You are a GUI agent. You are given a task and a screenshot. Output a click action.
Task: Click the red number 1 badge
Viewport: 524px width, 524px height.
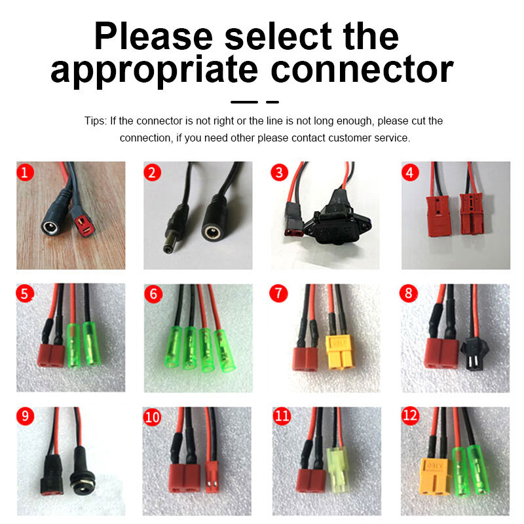click(26, 173)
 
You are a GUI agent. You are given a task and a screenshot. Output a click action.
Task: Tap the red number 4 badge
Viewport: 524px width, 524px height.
click(410, 173)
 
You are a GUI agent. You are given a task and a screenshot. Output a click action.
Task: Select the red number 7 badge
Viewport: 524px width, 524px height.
click(279, 294)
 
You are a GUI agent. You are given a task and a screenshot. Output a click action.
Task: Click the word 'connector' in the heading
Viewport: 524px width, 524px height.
click(352, 70)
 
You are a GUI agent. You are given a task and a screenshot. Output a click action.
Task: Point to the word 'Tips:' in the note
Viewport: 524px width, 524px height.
click(96, 121)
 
